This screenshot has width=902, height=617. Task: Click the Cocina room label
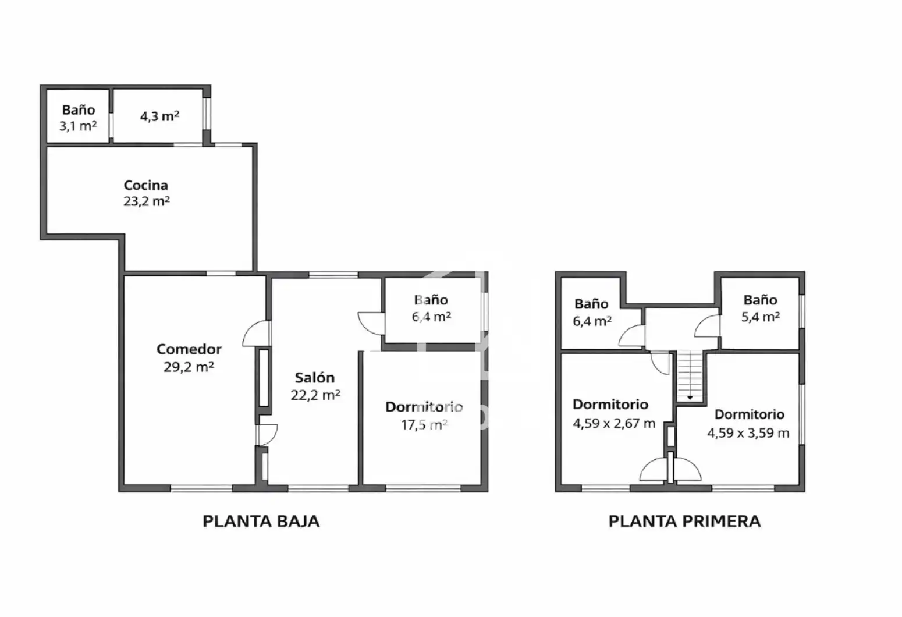[145, 185]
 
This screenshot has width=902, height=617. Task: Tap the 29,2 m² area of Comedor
[189, 367]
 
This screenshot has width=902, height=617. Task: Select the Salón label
[315, 378]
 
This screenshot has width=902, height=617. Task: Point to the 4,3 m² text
[160, 116]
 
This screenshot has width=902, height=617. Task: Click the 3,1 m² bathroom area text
[78, 126]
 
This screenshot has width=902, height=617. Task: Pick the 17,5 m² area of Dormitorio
[424, 425]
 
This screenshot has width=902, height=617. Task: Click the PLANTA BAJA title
[261, 522]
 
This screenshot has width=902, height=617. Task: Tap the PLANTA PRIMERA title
[684, 522]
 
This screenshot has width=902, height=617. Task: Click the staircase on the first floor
[690, 376]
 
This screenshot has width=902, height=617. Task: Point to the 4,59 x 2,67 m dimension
[614, 423]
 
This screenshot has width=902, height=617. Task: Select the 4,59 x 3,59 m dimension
[748, 433]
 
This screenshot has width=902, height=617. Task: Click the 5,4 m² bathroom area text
[761, 317]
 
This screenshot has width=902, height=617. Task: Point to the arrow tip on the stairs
[690, 399]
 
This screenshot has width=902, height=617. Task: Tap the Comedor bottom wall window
[201, 488]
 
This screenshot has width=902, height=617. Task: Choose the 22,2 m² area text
[315, 395]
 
